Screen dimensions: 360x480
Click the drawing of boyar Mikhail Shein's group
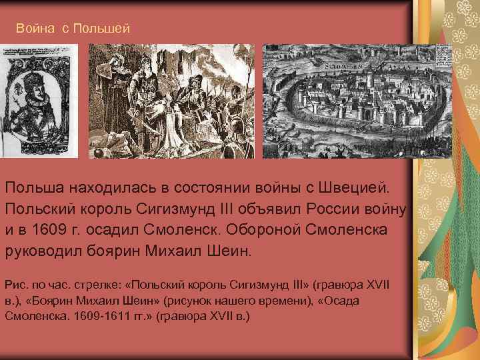pos(171,101)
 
